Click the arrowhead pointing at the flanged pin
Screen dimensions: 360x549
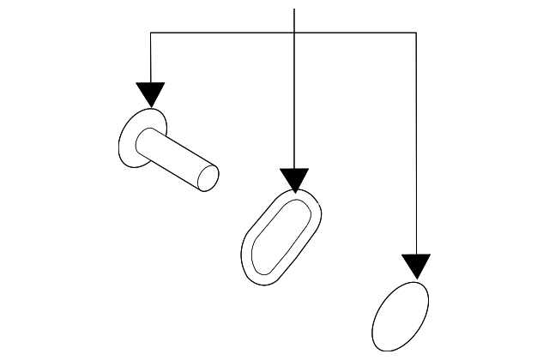pos(150,93)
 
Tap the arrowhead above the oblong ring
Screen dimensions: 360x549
pos(294,179)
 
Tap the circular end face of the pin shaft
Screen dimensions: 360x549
pos(208,177)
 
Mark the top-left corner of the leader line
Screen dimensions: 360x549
pos(151,33)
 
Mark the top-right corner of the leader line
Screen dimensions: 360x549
pos(416,33)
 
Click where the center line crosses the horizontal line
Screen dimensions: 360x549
pos(294,33)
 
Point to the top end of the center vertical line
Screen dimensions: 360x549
pos(294,9)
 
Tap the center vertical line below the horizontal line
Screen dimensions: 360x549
pos(294,103)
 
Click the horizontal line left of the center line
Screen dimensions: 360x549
pos(223,33)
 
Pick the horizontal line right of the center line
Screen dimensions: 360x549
pos(356,33)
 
